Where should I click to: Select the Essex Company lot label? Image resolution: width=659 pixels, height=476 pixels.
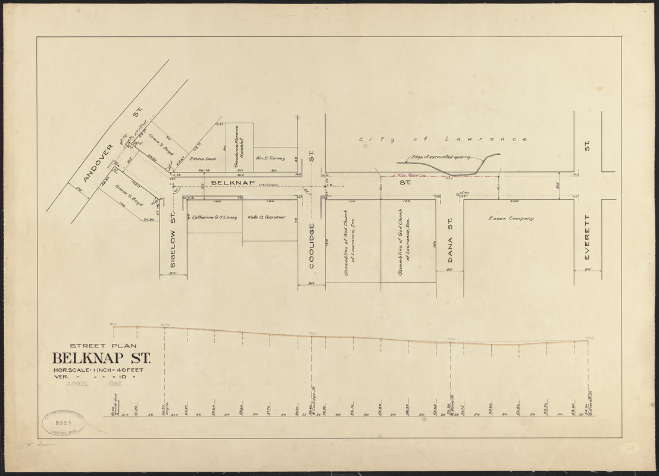tap(511, 218)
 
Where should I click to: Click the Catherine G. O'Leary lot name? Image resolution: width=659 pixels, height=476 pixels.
tap(214, 218)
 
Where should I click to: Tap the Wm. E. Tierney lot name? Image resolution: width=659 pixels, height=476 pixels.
tap(271, 158)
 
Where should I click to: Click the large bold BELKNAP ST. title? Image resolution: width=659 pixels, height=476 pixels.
tap(101, 359)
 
